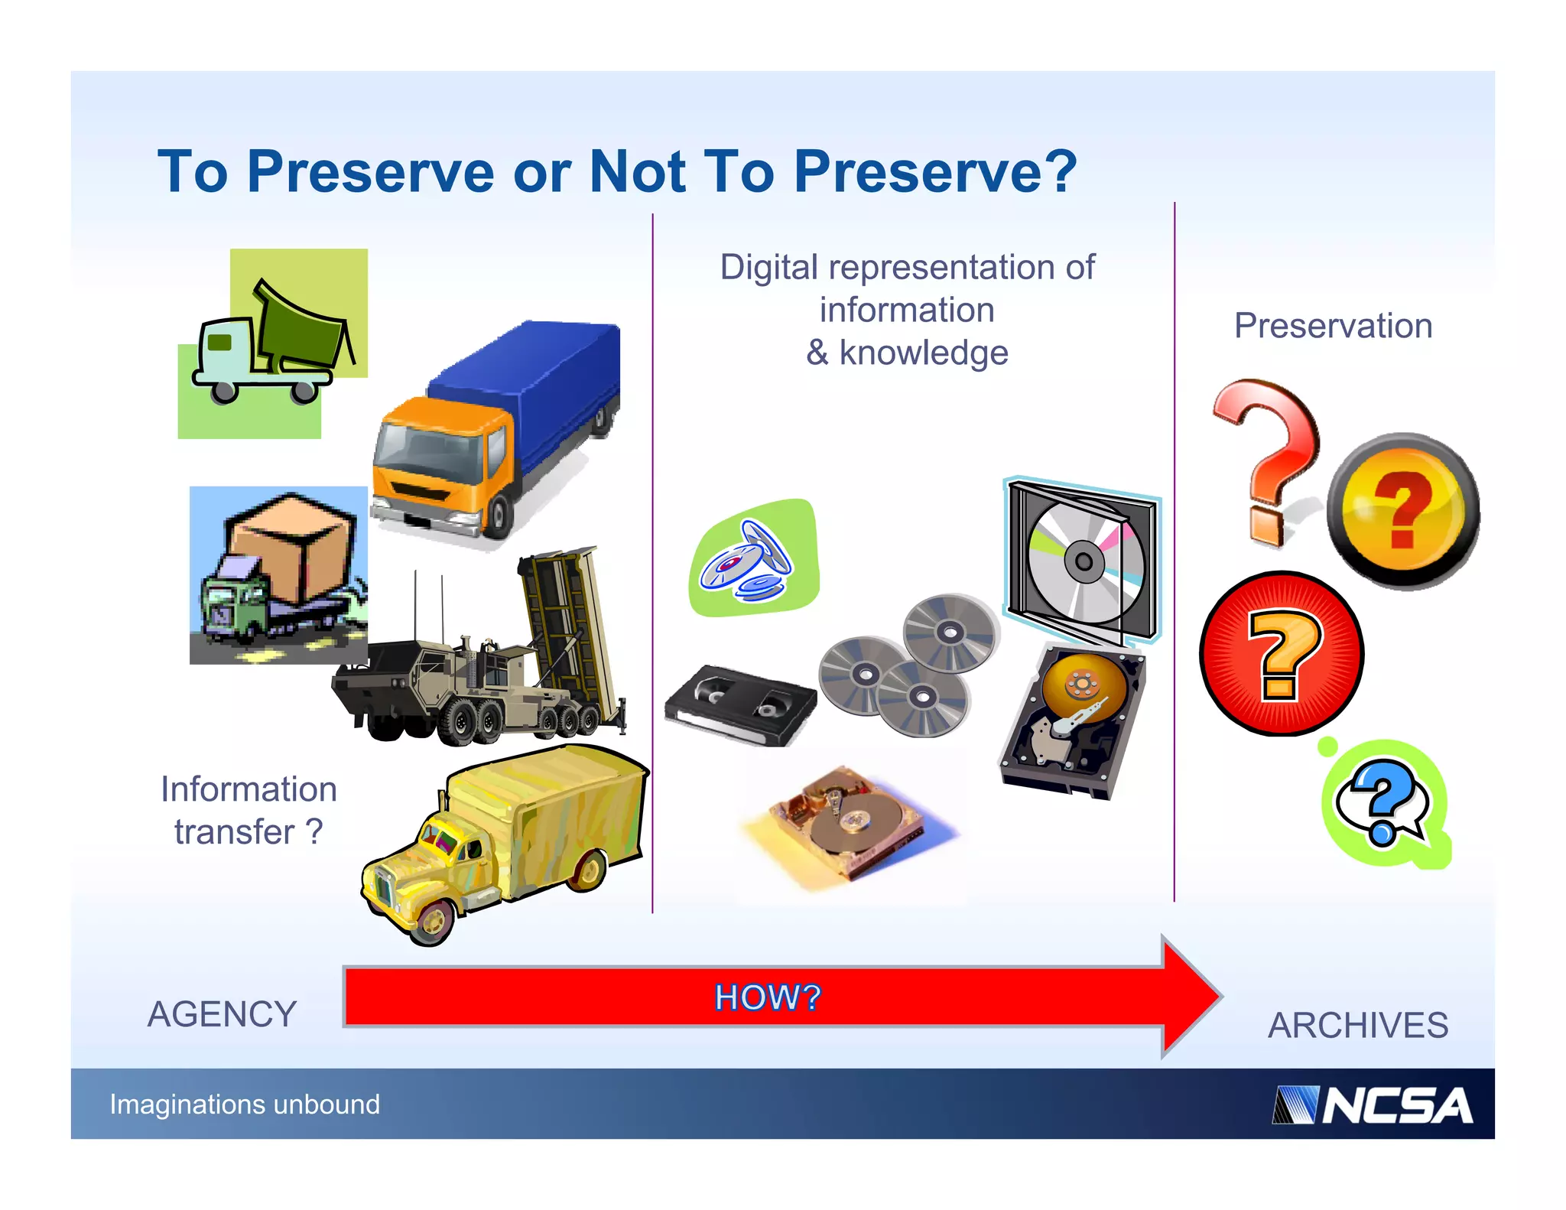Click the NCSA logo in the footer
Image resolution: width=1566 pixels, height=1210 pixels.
point(1373,1105)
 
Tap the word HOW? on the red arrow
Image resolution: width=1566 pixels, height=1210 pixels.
point(767,997)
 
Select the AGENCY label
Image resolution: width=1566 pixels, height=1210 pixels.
point(222,1014)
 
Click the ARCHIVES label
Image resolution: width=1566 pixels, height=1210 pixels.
point(1358,1025)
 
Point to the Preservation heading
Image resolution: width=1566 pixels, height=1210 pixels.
point(1333,326)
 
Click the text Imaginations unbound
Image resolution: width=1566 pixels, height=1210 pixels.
point(245,1104)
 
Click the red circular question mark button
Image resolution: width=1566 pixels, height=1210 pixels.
point(1282,655)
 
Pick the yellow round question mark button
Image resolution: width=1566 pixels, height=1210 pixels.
point(1404,510)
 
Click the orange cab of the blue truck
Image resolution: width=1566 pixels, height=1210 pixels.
point(443,459)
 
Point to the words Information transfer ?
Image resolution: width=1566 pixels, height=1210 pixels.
point(249,810)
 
